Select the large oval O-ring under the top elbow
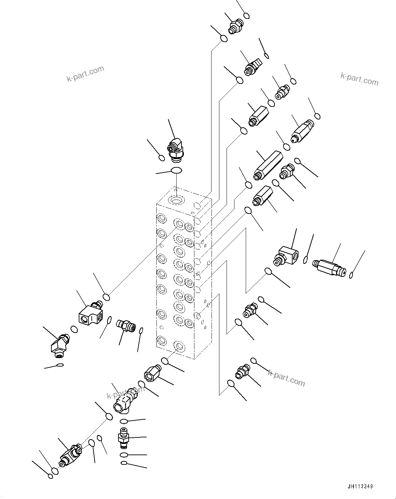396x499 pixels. click(x=176, y=170)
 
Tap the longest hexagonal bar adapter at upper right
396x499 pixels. click(x=268, y=165)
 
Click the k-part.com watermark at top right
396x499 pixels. click(x=359, y=79)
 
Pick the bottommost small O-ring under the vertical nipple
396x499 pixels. click(x=124, y=463)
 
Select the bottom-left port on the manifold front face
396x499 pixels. click(x=161, y=340)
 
